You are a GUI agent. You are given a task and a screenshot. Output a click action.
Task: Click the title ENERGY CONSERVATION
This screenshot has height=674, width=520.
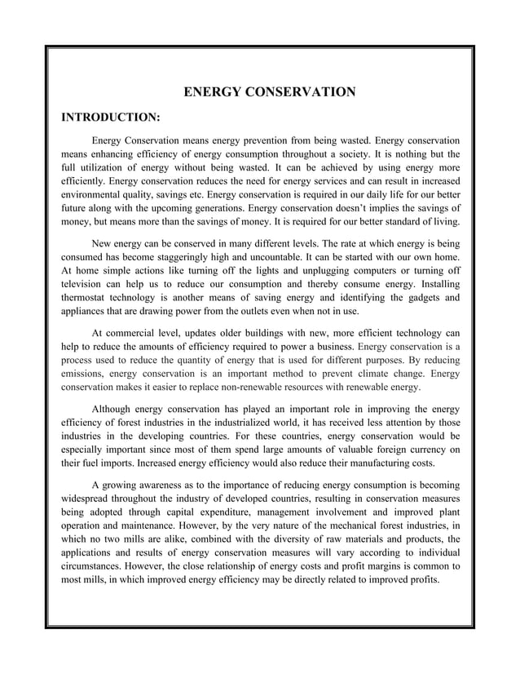(268, 91)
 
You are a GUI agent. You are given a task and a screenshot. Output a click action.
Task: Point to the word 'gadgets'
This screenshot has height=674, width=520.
(418, 297)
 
